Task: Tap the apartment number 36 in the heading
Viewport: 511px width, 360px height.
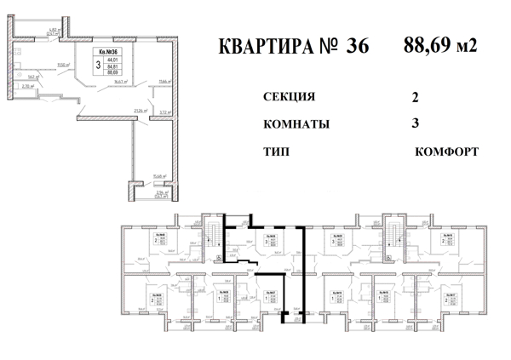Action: pyautogui.click(x=357, y=46)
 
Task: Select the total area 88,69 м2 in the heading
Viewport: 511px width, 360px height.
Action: pyautogui.click(x=439, y=44)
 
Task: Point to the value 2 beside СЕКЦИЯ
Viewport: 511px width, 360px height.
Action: pyautogui.click(x=415, y=97)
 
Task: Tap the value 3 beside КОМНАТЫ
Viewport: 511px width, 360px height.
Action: pyautogui.click(x=415, y=123)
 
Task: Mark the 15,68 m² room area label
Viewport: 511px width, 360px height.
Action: pyautogui.click(x=158, y=177)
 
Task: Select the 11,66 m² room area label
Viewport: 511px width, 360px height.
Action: pyautogui.click(x=164, y=83)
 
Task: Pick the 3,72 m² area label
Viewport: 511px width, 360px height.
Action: pyautogui.click(x=165, y=111)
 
